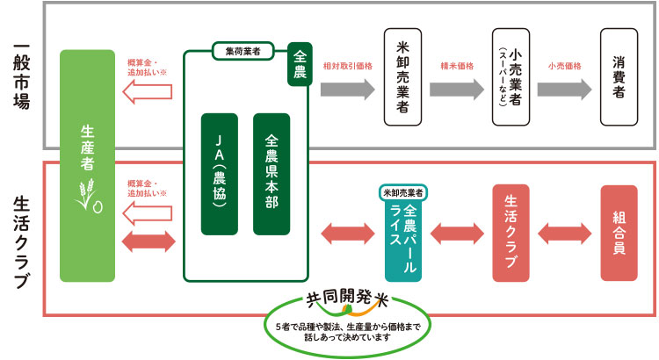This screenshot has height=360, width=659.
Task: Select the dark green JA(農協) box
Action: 220,174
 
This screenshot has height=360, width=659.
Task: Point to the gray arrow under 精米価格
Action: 457,89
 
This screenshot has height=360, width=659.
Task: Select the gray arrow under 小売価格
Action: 565,89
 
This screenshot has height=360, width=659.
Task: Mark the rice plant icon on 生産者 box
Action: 89,197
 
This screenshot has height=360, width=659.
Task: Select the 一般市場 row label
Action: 21,76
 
